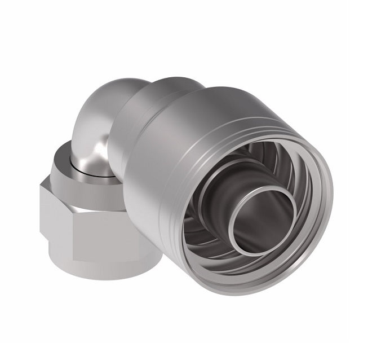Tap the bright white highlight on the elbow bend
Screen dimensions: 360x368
pos(100,148)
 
